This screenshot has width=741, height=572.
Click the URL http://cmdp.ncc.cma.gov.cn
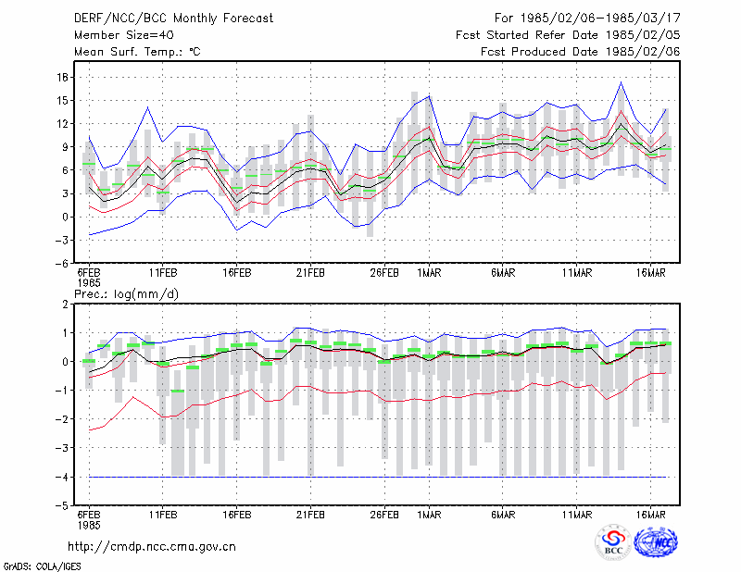[152, 547]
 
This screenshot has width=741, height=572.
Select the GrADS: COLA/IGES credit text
[42, 566]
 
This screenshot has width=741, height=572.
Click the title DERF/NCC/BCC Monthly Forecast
[173, 19]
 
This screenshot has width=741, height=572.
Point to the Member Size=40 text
[124, 35]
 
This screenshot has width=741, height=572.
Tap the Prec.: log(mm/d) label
[126, 294]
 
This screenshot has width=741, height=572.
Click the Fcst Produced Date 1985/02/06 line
[581, 52]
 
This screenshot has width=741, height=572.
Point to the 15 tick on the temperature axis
[63, 101]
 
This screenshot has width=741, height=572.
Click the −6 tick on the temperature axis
[62, 264]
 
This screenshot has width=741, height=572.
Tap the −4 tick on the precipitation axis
[62, 477]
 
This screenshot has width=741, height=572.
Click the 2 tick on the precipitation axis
[65, 305]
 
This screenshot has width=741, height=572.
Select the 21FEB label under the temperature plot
[310, 273]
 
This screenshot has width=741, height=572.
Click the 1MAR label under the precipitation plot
[429, 515]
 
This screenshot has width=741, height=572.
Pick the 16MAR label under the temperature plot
[651, 273]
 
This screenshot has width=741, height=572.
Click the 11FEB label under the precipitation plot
[163, 515]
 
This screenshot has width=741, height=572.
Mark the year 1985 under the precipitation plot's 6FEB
[89, 525]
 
